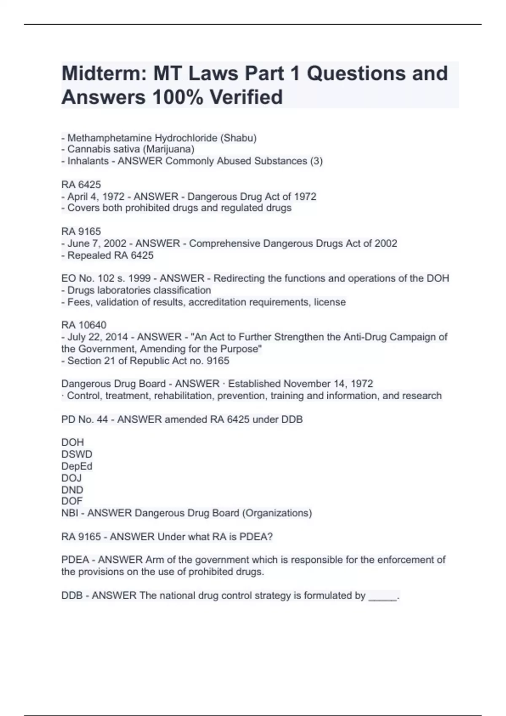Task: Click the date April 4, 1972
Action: [x=96, y=196]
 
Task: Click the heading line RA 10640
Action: [x=84, y=325]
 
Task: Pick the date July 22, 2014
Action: [x=97, y=337]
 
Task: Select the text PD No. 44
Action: [x=84, y=419]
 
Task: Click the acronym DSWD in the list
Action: [x=77, y=454]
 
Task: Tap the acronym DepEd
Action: [x=77, y=466]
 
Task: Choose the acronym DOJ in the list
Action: [x=72, y=478]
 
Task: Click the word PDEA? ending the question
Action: [x=256, y=537]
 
